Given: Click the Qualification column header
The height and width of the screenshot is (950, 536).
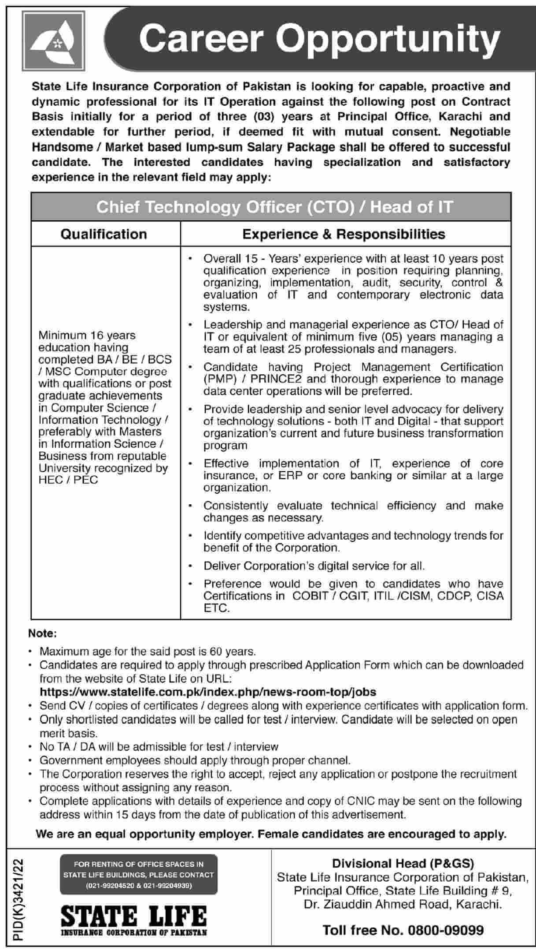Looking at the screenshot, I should pos(104,234).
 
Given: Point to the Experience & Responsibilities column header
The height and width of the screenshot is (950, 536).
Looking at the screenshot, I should pos(344,234).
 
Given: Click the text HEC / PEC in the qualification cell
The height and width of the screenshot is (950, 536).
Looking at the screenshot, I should pos(68,480).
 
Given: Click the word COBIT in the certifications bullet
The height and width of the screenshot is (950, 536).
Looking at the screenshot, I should pos(310,596).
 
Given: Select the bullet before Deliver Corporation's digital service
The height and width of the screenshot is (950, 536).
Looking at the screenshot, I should pos(190,566).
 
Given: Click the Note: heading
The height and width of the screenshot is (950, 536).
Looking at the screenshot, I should pos(43,633).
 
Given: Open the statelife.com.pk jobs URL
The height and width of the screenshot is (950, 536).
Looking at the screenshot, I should pos(208,692).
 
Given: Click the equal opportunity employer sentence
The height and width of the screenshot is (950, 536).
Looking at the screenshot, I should pos(271,834).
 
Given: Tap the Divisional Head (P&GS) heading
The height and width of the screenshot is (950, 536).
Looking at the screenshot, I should pos(403,864).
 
